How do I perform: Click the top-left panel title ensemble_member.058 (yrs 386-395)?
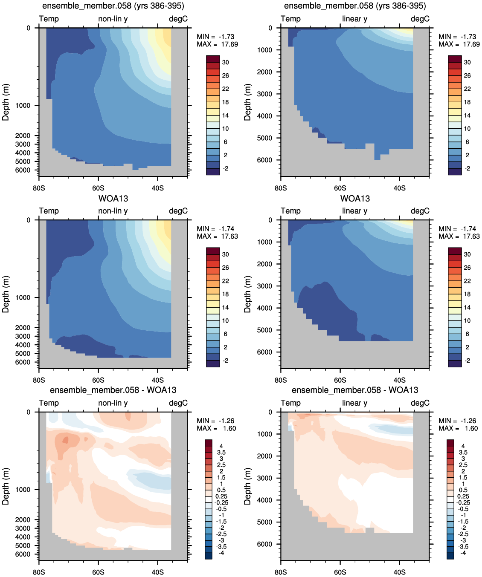pos(113,6)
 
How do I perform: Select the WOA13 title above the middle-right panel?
pos(355,199)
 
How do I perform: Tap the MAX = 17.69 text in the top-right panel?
pos(459,44)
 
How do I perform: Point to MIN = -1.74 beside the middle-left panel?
pos(215,229)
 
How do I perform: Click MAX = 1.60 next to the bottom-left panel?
pos(216,428)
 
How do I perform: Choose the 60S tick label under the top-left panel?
pos(98,188)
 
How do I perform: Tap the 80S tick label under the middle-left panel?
pos(39,380)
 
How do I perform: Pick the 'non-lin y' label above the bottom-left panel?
pos(113,403)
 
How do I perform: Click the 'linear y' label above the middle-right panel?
pos(355,211)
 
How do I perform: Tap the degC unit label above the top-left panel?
pos(178,19)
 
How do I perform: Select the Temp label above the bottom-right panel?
pos(290,403)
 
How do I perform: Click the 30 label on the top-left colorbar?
pos(226,63)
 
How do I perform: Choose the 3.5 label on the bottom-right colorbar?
pos(463,453)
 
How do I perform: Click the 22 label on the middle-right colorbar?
pos(467,281)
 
